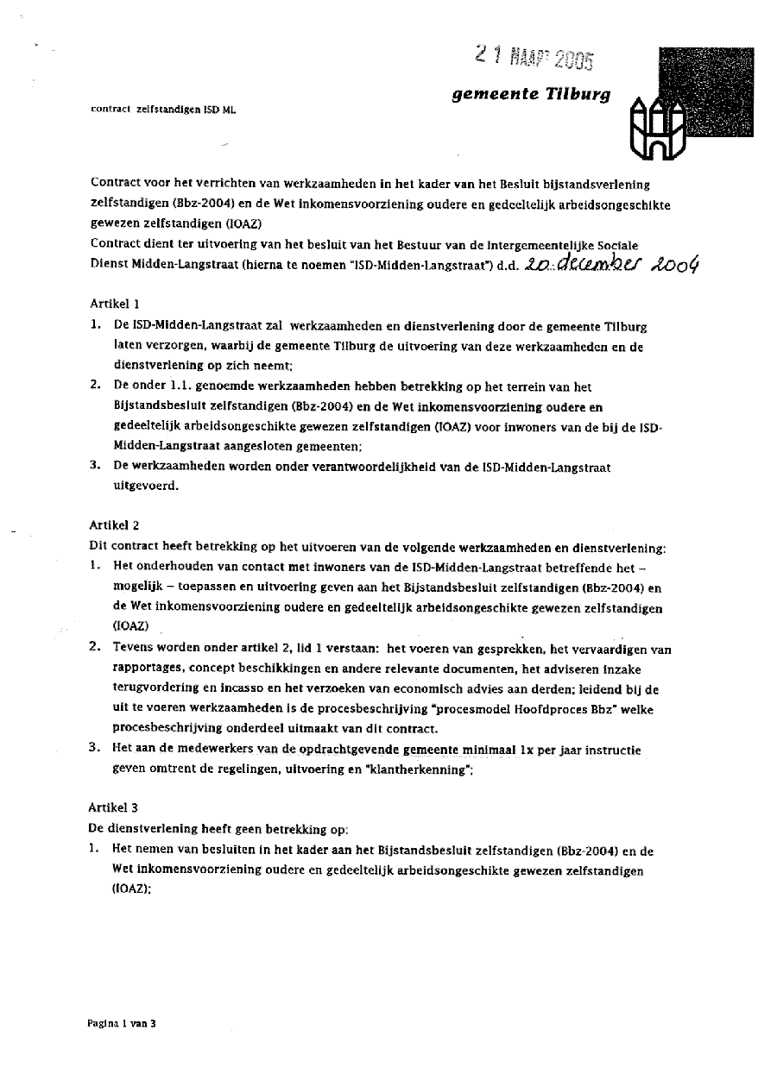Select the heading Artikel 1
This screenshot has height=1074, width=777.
114,304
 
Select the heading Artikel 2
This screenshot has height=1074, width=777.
114,524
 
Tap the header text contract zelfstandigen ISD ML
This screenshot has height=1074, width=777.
162,110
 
